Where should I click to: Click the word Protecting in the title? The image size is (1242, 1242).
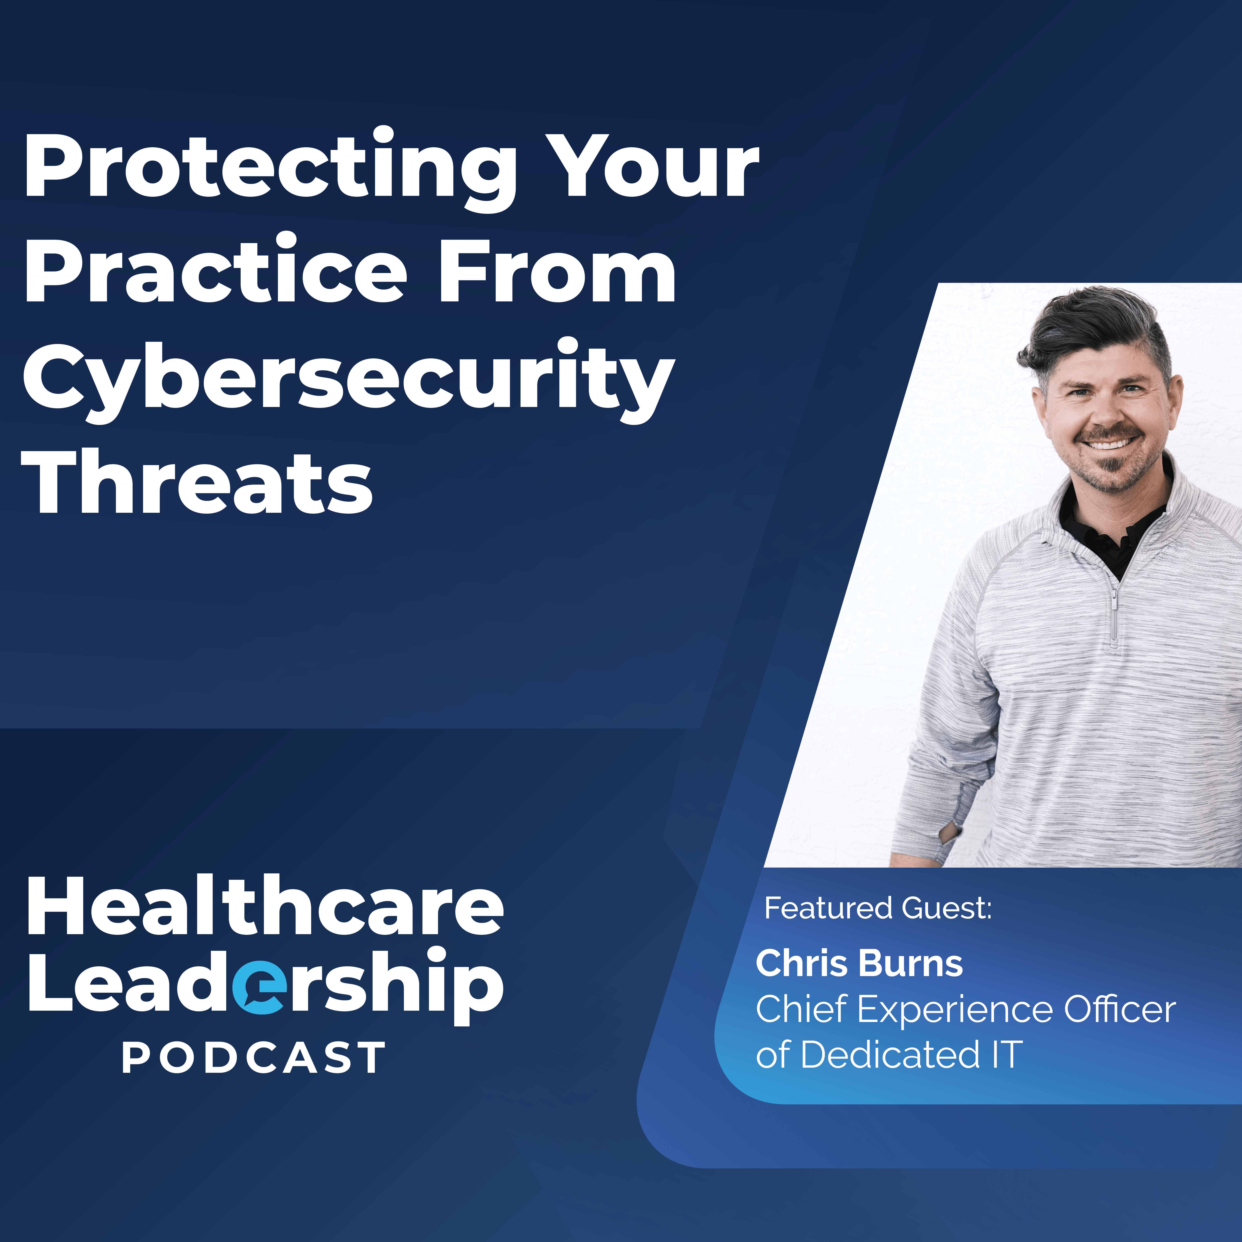270,168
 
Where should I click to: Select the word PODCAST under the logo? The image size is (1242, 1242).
254,1057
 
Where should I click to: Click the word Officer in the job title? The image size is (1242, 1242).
1120,1009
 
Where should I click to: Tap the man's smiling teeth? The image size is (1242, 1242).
1109,444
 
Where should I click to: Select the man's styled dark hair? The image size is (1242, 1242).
1093,338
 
